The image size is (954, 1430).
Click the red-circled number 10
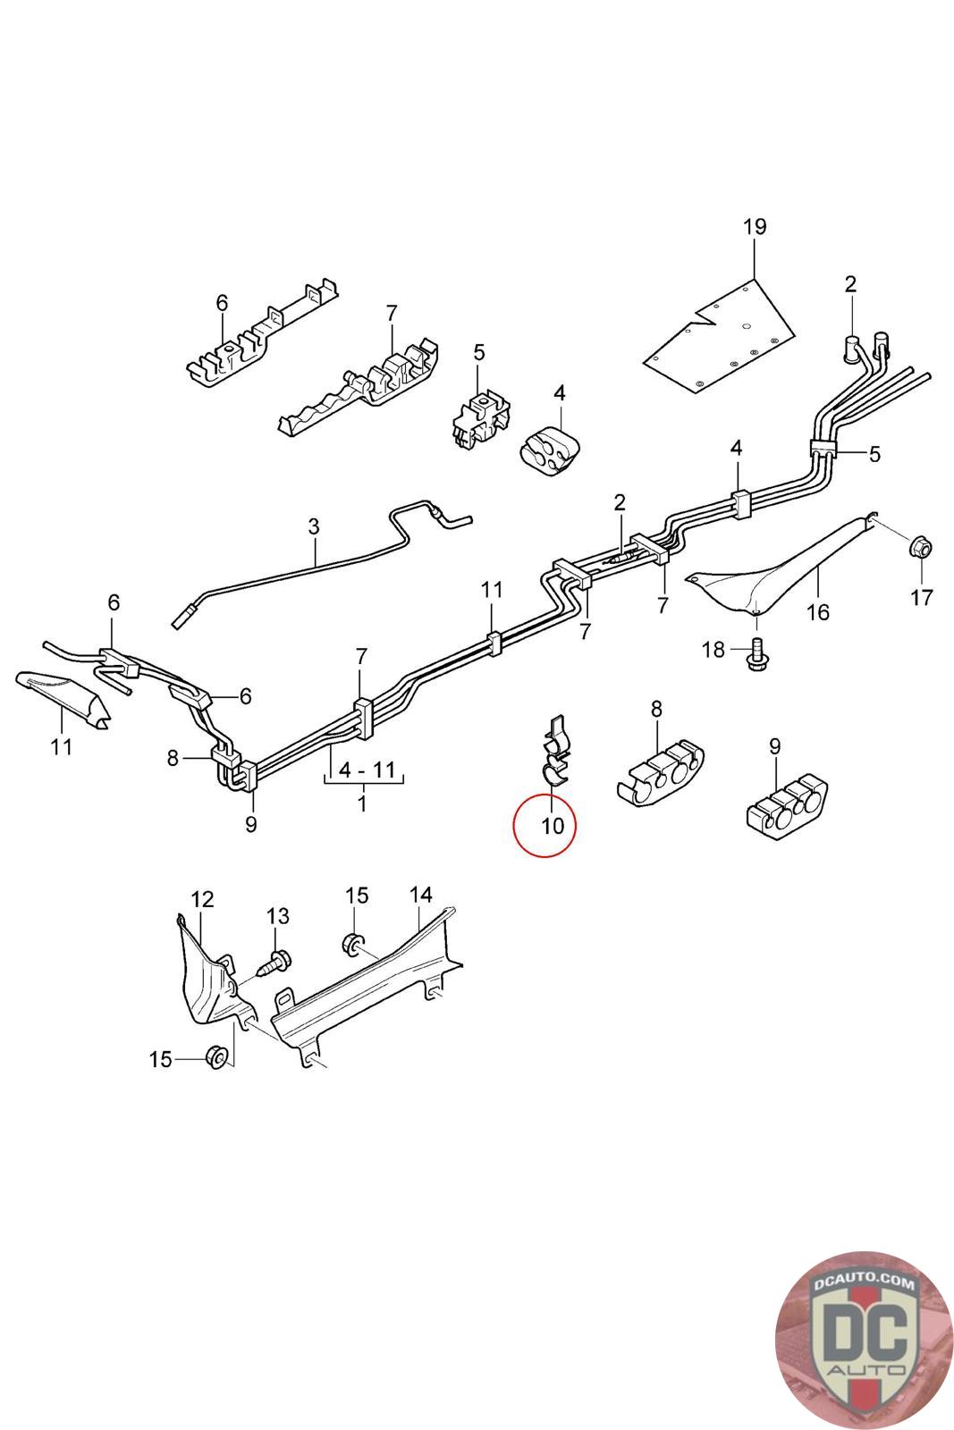[x=553, y=825]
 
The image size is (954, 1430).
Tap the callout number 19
[x=755, y=227]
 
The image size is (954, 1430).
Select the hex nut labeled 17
[x=920, y=546]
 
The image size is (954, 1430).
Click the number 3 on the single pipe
[x=313, y=526]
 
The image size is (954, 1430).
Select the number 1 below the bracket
[x=362, y=803]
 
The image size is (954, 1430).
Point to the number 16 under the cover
[x=817, y=612]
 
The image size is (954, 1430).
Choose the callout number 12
[x=203, y=898]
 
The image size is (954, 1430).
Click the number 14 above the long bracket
[x=420, y=895]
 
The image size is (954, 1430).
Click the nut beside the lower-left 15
[x=215, y=1057]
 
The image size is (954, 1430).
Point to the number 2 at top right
[x=849, y=284]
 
